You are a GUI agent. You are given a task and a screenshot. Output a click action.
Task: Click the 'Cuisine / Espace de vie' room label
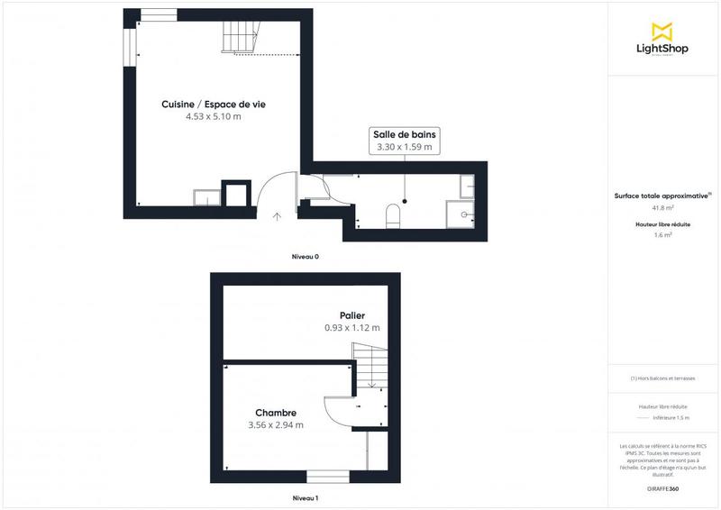pos(213,105)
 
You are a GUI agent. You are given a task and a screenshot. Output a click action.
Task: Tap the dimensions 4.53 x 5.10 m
pos(213,117)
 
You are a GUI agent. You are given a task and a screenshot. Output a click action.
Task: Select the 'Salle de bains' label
pos(403,134)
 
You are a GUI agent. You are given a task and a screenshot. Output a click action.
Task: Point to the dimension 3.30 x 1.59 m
pos(403,147)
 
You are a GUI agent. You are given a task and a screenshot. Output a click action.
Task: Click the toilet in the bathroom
pos(392,215)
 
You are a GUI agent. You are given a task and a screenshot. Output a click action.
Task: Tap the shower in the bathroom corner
pos(467,213)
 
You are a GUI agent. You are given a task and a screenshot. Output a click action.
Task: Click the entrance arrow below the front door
pos(276,215)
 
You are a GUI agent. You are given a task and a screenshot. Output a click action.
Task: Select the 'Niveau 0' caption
pos(305,257)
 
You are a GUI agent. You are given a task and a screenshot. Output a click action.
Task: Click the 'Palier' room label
pos(351,315)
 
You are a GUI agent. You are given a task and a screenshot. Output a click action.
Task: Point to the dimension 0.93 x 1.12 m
pos(351,328)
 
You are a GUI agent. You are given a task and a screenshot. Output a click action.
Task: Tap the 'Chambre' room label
pos(275,414)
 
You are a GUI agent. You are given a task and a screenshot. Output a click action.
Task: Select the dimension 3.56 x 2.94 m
pos(275,425)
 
